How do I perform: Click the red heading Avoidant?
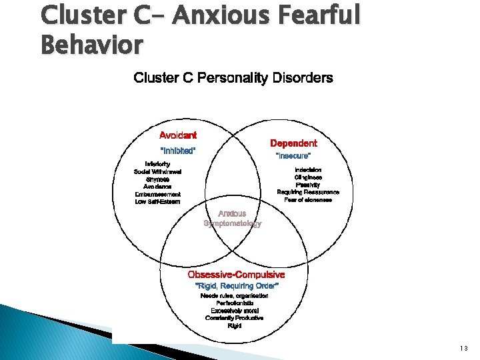click(177, 135)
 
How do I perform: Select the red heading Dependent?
click(293, 143)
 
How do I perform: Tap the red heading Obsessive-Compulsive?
click(236, 275)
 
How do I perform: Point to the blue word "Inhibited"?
click(178, 151)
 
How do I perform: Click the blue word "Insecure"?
click(293, 155)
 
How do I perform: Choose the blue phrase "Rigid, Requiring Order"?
click(236, 285)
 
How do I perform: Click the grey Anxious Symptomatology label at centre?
click(233, 219)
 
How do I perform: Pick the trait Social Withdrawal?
click(157, 171)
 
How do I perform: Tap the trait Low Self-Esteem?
click(157, 201)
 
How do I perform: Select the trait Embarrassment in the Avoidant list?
click(157, 194)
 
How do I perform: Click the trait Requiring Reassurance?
click(308, 192)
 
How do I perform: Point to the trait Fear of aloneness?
click(308, 199)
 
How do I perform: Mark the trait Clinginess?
click(308, 177)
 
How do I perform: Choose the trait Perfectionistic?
click(235, 303)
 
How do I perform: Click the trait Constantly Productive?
click(235, 318)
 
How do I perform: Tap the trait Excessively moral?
click(235, 311)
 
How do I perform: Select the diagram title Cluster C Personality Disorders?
click(233, 78)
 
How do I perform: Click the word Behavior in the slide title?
click(91, 45)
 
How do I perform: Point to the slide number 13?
click(464, 348)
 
